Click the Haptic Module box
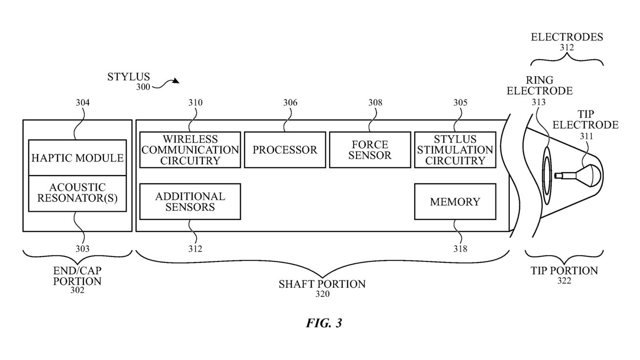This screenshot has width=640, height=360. coord(78,158)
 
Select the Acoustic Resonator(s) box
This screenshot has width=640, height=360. coord(78,193)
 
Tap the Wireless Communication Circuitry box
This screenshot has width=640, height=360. coord(190,150)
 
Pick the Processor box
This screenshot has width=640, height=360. coord(285,150)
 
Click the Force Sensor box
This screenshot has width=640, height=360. coord(370,150)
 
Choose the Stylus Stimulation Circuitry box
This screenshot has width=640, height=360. coord(455,150)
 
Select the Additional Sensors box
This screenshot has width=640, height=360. coord(190,201)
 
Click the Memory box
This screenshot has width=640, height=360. coord(455,201)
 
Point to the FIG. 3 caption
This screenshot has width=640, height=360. coord(324,323)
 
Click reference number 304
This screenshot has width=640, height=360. coord(83,103)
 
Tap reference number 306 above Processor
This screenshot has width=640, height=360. coord(290,103)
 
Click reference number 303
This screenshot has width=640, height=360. coord(83,249)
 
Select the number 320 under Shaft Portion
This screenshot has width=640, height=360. coord(322,294)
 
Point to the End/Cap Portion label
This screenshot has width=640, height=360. coord(78,276)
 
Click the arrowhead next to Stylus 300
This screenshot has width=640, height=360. coord(175,81)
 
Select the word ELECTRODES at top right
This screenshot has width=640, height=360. coord(567,37)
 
